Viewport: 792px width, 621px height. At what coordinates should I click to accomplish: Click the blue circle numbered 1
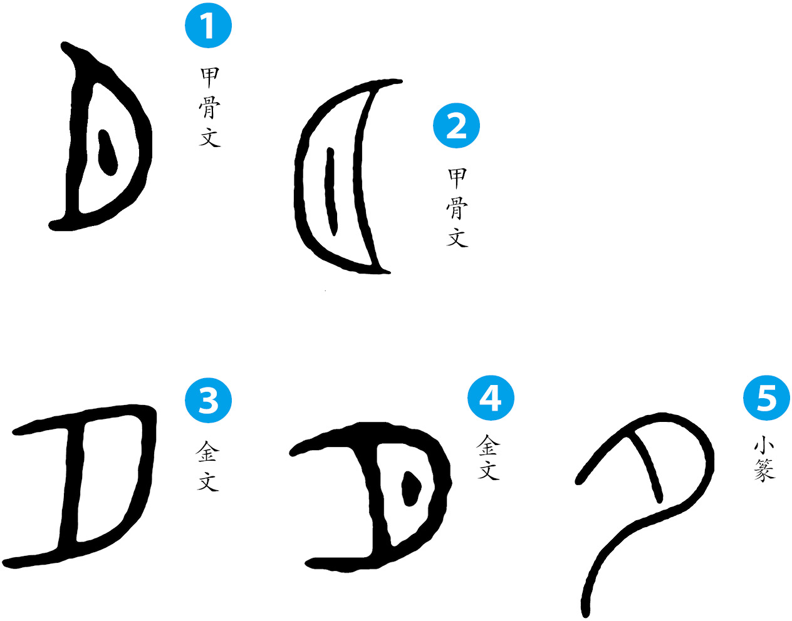[208, 25]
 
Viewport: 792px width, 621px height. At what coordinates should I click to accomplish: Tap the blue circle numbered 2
[456, 125]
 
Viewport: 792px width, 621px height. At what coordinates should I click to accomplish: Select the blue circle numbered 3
[208, 400]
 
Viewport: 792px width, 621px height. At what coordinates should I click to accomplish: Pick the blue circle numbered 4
[491, 398]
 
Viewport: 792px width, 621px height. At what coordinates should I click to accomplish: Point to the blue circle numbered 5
[766, 398]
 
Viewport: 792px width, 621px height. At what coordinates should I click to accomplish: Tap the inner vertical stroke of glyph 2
[331, 191]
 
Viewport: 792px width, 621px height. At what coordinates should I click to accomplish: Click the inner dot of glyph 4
[411, 488]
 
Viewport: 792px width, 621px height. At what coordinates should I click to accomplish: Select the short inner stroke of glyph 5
[646, 468]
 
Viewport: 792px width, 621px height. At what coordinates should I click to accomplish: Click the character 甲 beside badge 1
[210, 78]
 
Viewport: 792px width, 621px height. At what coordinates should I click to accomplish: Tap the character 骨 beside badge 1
[210, 108]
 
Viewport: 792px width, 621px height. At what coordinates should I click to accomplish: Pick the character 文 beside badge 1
[210, 137]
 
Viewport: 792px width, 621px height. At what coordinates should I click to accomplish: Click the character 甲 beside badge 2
[457, 179]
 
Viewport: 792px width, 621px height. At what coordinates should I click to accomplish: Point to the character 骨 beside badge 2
[457, 208]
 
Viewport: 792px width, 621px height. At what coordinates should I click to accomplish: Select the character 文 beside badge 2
[457, 238]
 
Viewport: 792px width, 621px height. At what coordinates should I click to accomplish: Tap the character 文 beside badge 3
[208, 481]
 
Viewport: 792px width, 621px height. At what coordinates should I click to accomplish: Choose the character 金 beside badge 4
[488, 445]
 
